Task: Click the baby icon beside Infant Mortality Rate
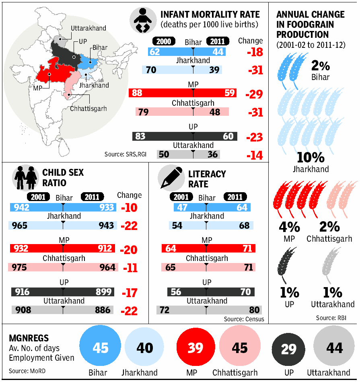(143, 20)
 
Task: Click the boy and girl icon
(25, 178)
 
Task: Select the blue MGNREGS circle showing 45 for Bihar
(100, 345)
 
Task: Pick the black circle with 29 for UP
(288, 349)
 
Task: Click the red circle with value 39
(196, 347)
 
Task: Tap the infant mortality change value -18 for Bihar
(255, 52)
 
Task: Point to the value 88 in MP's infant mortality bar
(137, 93)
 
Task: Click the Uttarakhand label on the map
(88, 28)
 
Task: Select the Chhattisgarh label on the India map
(88, 109)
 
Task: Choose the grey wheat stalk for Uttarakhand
(331, 264)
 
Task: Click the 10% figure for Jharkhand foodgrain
(311, 157)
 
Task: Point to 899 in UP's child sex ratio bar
(104, 292)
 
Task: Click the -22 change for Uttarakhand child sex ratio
(129, 311)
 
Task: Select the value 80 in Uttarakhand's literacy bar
(254, 310)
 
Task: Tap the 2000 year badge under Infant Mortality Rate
(164, 41)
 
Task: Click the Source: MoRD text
(27, 371)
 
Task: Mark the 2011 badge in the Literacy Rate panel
(235, 197)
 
